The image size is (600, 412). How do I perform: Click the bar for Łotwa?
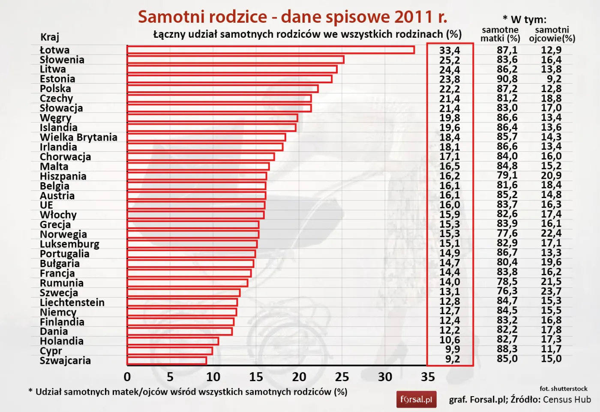coord(270,50)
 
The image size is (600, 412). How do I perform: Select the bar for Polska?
coord(222,89)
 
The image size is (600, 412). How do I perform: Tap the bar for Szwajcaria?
coord(167,361)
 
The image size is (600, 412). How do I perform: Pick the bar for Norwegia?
coord(193,234)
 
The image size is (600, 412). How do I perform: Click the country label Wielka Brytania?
coord(78,137)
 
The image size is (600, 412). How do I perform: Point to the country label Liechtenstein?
coord(72,302)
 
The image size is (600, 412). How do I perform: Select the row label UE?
coord(46,205)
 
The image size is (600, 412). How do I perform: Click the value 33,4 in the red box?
coord(449,51)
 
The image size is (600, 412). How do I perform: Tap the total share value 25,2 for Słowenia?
coord(449,60)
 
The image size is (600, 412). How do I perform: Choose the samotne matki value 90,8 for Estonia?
coord(507,79)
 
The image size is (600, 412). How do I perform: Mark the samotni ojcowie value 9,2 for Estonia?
coord(554,79)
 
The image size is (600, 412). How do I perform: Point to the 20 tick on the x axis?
coord(299,377)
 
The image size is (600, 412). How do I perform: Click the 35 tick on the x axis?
coord(428,377)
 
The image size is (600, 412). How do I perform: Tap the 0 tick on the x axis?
coord(127,377)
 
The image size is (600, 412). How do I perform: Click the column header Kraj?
coord(50,37)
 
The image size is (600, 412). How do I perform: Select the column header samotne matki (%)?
coord(500,34)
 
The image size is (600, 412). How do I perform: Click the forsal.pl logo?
coord(416,400)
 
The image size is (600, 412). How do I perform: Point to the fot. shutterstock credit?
coord(563,388)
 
